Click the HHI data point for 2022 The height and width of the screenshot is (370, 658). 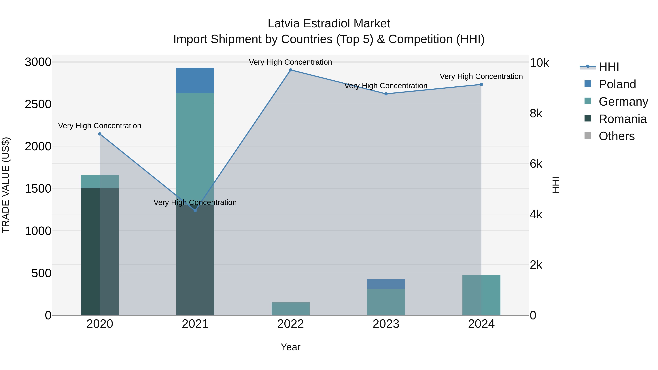click(x=290, y=70)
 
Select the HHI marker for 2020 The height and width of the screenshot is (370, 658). click(x=100, y=134)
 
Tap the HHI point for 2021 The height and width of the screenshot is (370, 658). click(x=195, y=211)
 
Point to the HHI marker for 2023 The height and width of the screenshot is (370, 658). click(x=386, y=94)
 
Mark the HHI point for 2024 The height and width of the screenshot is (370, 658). click(x=481, y=85)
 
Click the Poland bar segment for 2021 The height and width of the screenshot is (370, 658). click(x=195, y=80)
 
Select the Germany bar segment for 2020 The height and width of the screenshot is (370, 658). click(x=100, y=182)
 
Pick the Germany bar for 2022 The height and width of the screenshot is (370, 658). click(x=290, y=309)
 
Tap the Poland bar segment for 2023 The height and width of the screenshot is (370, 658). click(x=386, y=284)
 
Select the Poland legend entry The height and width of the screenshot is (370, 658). click(x=617, y=84)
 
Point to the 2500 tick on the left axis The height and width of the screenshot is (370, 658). click(x=38, y=104)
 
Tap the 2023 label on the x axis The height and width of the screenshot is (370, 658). click(x=386, y=324)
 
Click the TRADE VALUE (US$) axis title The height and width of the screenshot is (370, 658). click(x=6, y=185)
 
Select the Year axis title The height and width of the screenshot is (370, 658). click(x=290, y=347)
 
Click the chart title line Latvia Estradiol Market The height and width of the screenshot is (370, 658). click(x=329, y=24)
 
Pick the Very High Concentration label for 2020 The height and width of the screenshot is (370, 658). click(x=100, y=126)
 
